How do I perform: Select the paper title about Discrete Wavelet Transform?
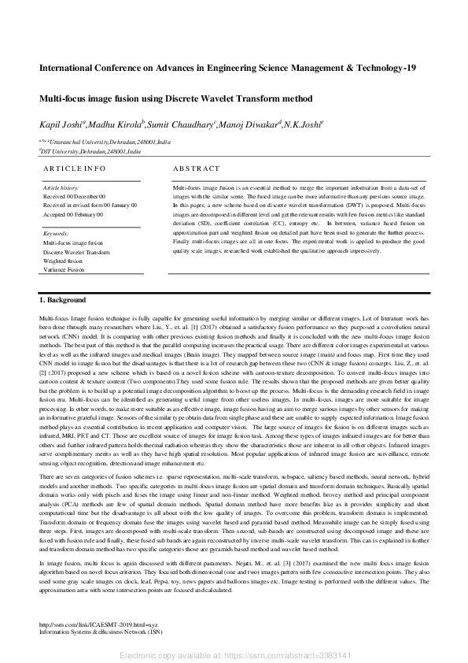175,99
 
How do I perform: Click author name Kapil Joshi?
61,125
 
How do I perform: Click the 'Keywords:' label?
57,235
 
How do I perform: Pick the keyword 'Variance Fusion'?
64,269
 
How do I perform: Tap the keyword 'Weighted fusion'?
63,261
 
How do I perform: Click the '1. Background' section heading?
64,301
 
